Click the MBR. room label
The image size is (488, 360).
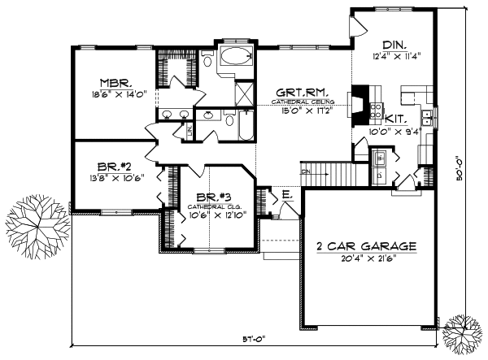click(116, 83)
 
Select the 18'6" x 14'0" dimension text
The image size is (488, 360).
click(116, 95)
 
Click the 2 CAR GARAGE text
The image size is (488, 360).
click(368, 245)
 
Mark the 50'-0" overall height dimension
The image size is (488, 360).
click(471, 180)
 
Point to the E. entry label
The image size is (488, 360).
click(287, 195)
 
